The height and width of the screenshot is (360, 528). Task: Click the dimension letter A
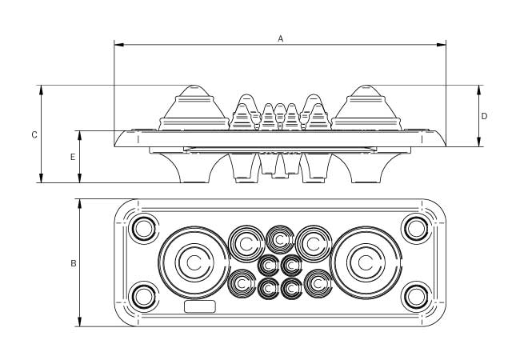tap(280, 38)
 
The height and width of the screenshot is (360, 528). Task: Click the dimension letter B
tap(73, 262)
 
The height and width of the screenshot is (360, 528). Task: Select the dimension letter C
tap(34, 134)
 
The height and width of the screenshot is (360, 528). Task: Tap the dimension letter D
tap(485, 116)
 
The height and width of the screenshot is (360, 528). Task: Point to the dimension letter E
tap(73, 157)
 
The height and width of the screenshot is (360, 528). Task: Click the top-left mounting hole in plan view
tap(144, 229)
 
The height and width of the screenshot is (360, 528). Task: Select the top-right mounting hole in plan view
tap(416, 229)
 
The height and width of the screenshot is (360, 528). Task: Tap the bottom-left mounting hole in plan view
tap(144, 297)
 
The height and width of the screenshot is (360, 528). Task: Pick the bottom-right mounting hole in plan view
tap(416, 297)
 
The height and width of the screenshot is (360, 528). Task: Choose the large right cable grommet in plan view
tap(366, 262)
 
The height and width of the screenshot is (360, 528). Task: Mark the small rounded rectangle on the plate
tap(200, 306)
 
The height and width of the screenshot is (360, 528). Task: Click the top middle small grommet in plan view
tap(280, 238)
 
